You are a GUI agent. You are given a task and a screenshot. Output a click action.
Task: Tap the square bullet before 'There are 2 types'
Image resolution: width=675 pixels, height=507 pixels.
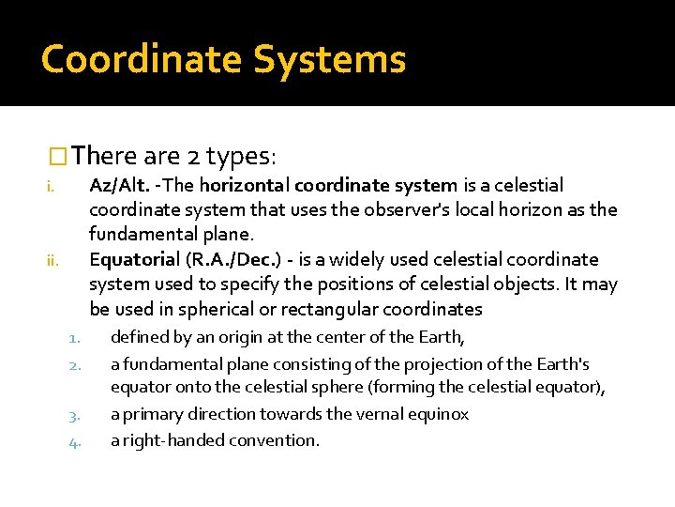pyautogui.click(x=57, y=156)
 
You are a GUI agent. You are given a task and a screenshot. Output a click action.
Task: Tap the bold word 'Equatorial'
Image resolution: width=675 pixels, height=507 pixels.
pyautogui.click(x=132, y=259)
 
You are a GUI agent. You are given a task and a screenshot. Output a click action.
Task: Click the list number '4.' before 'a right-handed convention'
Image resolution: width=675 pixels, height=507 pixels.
pyautogui.click(x=76, y=441)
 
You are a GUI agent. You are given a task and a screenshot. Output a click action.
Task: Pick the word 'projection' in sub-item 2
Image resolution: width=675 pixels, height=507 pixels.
pyautogui.click(x=443, y=364)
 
